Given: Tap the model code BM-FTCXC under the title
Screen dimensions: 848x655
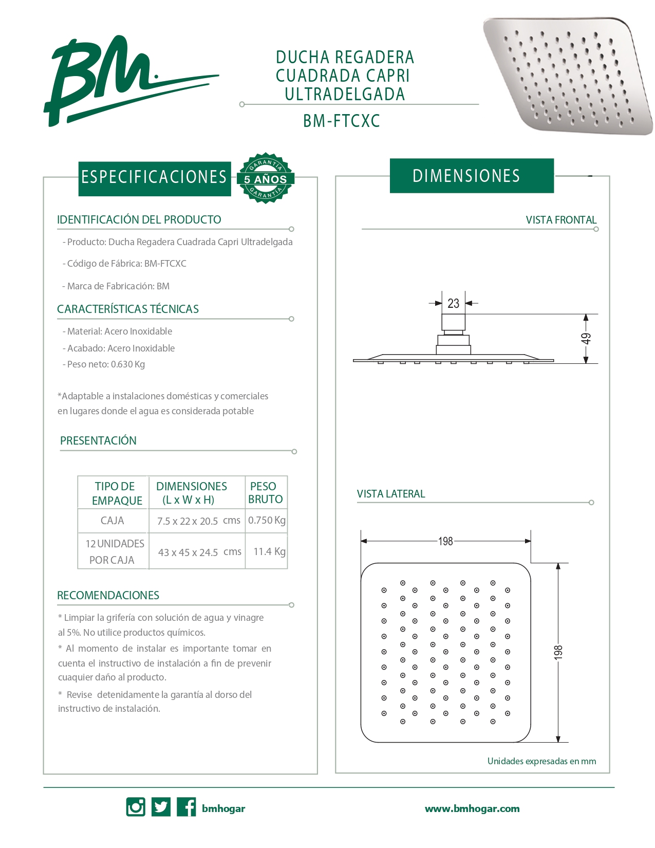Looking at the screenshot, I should [x=341, y=121].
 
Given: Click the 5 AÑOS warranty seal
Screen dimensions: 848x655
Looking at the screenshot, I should [x=265, y=178].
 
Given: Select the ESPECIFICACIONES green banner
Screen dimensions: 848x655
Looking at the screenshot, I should [x=154, y=177].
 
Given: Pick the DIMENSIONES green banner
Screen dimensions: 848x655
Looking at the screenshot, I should [x=471, y=176].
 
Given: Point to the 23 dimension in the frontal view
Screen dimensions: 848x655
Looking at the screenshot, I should [x=453, y=303].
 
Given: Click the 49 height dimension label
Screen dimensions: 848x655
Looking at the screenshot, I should [x=586, y=338].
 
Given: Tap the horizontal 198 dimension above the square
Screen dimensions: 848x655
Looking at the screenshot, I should [x=445, y=541].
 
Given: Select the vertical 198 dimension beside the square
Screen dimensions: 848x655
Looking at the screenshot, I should [x=558, y=652].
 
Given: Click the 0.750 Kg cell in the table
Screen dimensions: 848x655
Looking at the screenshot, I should [x=267, y=520].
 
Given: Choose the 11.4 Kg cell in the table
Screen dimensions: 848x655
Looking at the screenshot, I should [x=269, y=551].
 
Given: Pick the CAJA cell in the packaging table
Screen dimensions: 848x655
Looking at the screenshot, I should [x=113, y=521].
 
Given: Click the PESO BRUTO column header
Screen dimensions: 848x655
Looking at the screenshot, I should [x=265, y=492].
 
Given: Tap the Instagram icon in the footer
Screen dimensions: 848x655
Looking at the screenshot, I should [x=136, y=807].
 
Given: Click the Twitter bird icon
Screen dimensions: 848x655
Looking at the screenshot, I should [x=161, y=807].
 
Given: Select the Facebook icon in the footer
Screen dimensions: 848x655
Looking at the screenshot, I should [x=186, y=807].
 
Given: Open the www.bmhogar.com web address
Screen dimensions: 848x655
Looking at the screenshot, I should [x=472, y=808].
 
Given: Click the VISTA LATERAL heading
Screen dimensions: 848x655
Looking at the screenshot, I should [x=391, y=494].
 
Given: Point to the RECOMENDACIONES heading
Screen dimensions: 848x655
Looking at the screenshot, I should [x=108, y=595].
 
